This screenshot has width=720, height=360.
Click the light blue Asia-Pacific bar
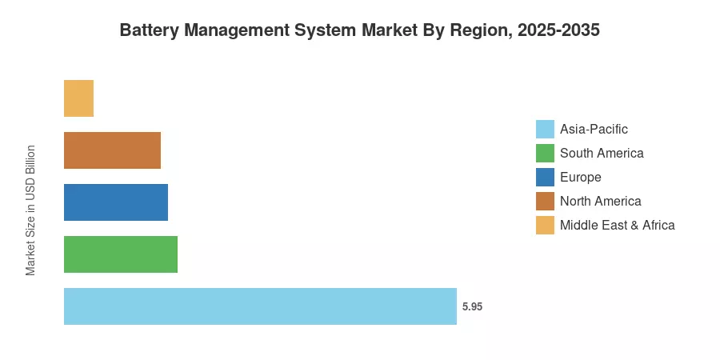click(x=260, y=306)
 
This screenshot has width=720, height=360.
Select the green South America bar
click(x=121, y=254)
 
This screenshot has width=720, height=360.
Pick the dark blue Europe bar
click(x=116, y=202)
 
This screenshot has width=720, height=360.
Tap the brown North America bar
click(x=113, y=150)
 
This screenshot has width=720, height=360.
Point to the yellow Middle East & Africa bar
click(x=78, y=98)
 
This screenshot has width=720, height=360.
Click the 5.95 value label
click(x=472, y=306)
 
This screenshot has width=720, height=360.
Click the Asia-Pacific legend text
click(x=594, y=130)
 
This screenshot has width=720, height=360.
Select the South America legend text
click(x=602, y=153)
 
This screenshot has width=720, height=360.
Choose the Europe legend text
click(x=581, y=178)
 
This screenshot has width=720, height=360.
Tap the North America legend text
click(x=601, y=201)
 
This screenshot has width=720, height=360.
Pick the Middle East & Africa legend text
click(x=618, y=225)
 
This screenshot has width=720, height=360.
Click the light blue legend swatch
click(x=545, y=130)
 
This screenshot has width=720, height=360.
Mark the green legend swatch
click(x=545, y=154)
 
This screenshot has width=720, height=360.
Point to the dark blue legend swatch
click(x=545, y=178)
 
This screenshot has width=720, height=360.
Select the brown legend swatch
click(x=545, y=201)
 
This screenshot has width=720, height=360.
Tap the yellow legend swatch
click(x=545, y=225)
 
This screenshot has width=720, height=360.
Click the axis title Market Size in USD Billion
click(x=30, y=210)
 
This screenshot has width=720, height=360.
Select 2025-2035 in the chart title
click(x=559, y=30)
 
